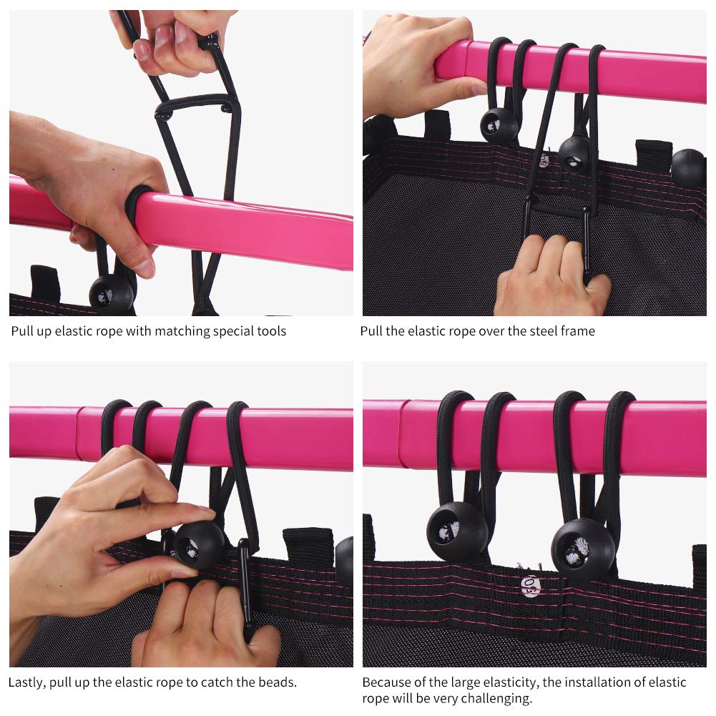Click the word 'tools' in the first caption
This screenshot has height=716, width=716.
[x=272, y=330]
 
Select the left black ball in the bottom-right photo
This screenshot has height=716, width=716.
[x=457, y=531]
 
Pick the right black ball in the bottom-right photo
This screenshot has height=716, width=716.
[x=583, y=549]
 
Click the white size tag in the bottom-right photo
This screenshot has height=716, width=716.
[x=531, y=587]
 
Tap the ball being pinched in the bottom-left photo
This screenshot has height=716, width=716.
[x=199, y=545]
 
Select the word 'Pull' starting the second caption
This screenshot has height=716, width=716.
[x=371, y=330]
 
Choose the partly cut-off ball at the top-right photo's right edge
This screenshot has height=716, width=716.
[x=688, y=168]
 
